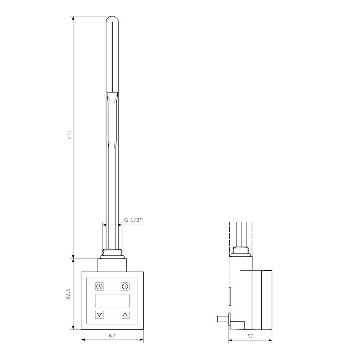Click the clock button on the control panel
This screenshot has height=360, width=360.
(100, 286)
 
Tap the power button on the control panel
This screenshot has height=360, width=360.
(125, 286)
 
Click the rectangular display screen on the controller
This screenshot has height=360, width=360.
(112, 300)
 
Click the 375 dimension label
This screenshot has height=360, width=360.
(70, 135)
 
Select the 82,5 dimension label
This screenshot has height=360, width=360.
(68, 294)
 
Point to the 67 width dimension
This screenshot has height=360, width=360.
(112, 336)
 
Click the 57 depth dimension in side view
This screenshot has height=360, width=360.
(250, 336)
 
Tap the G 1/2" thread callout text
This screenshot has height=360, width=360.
(133, 220)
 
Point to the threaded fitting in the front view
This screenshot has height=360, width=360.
(112, 254)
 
